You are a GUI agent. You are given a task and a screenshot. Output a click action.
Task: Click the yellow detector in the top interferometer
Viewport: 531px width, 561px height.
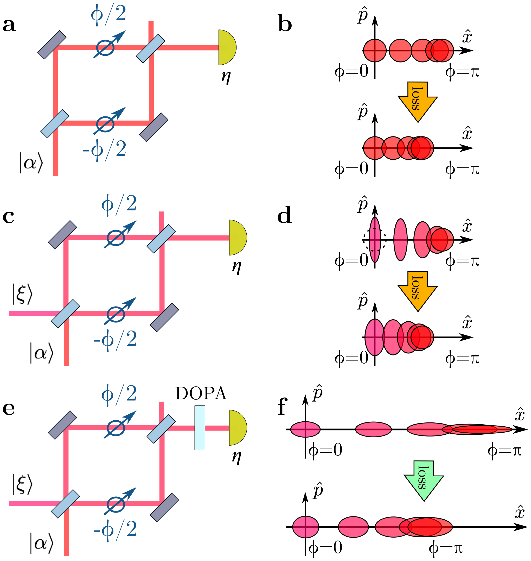226,47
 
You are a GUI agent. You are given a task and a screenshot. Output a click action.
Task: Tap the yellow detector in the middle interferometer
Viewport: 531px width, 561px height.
237,238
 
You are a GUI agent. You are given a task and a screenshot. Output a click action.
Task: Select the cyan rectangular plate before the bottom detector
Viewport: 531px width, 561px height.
200,428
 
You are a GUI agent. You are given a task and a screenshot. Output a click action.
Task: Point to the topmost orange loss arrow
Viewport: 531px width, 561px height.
418,101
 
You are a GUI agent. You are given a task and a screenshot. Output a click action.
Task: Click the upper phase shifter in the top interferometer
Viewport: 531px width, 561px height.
106,47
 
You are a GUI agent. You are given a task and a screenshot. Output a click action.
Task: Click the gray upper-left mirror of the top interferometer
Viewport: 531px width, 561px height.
52,45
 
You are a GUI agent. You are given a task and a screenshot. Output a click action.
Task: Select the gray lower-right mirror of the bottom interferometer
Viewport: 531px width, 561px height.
164,507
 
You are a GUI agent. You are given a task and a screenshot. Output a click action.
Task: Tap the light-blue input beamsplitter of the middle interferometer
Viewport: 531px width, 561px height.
65,314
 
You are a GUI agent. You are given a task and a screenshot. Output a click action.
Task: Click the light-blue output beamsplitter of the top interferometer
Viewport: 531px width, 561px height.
151,48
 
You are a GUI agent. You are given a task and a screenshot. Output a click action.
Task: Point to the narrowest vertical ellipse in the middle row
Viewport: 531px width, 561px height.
375,240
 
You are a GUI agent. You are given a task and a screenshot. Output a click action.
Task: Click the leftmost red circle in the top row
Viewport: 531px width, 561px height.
375,51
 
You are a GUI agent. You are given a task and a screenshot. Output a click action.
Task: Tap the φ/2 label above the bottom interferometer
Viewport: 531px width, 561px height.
119,394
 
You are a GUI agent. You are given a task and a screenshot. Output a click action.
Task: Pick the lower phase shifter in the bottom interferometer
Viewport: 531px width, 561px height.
116,504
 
